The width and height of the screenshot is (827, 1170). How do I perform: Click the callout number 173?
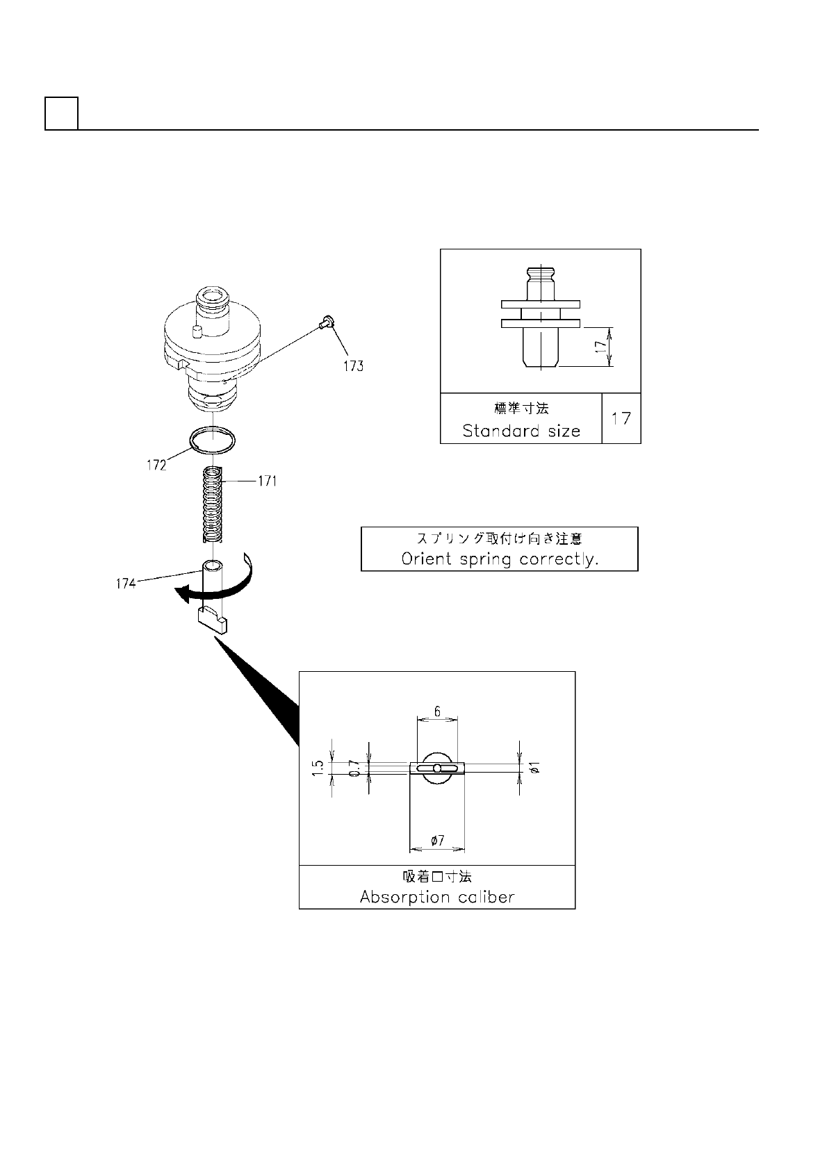(353, 365)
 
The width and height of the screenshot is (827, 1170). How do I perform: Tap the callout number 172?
(156, 465)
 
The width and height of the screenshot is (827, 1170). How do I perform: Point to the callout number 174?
(126, 584)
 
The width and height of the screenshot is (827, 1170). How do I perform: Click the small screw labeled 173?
(327, 320)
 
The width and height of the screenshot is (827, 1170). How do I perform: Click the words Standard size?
(521, 431)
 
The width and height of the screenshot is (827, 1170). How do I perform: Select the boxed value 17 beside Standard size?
(621, 419)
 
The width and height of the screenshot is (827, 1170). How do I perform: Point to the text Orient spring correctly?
(500, 559)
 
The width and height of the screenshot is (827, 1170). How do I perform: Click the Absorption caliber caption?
(437, 897)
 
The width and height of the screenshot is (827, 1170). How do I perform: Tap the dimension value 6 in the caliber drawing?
(437, 711)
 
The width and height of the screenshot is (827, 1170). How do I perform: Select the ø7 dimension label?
(437, 840)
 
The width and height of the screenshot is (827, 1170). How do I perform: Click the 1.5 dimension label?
(318, 768)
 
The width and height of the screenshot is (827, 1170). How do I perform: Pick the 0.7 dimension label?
(354, 768)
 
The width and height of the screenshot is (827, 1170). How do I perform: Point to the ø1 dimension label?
(534, 767)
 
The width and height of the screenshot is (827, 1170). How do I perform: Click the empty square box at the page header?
(61, 114)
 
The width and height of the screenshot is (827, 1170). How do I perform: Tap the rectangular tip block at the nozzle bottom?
(212, 618)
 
